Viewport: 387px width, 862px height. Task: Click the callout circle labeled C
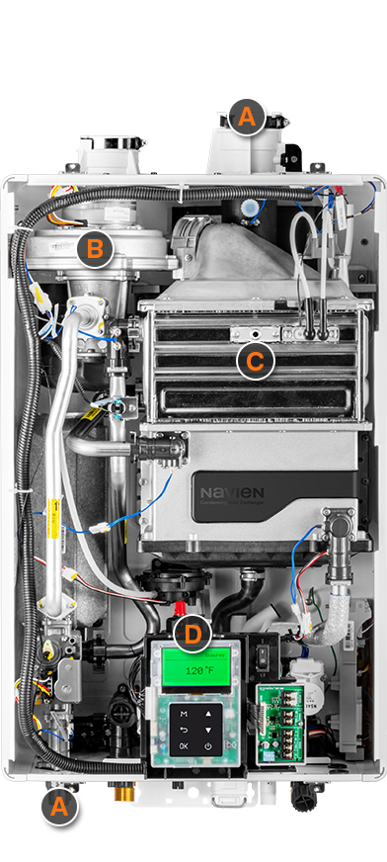[255, 362]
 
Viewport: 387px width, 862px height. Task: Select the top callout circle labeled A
[247, 119]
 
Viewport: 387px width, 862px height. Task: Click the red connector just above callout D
[181, 606]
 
